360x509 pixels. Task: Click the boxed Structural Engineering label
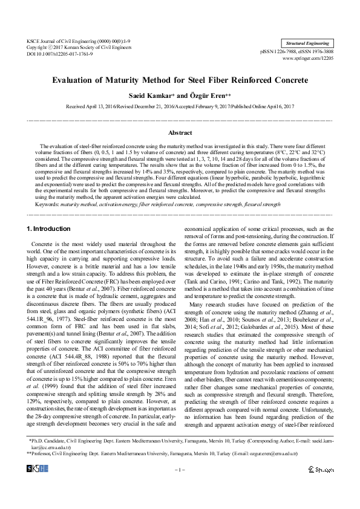[308, 44]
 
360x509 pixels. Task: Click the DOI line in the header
[55, 53]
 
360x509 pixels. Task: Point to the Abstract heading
[180, 131]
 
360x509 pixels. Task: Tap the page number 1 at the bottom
[180, 469]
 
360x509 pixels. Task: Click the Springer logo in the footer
[320, 469]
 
